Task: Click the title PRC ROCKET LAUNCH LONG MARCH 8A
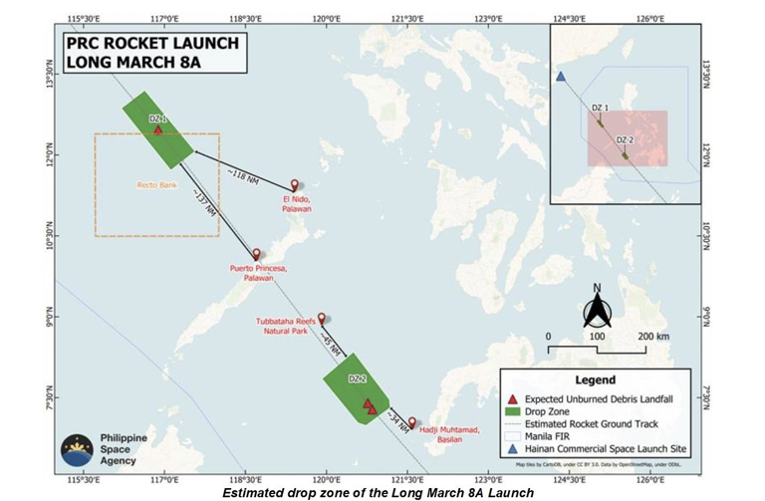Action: pyautogui.click(x=151, y=52)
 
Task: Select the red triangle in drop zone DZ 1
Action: pyautogui.click(x=158, y=130)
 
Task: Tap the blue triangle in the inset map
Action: pyautogui.click(x=562, y=77)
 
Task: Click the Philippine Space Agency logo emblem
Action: pyautogui.click(x=79, y=457)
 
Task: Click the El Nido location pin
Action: pyautogui.click(x=295, y=185)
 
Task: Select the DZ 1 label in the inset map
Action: pyautogui.click(x=600, y=107)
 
